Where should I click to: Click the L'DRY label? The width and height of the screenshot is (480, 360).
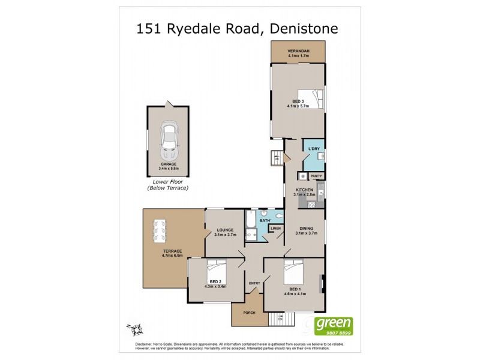(313, 148)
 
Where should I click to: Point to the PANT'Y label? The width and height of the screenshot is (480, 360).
(316, 175)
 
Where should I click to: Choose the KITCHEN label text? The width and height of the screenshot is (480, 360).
(304, 190)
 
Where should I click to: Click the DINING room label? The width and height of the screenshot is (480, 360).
(306, 229)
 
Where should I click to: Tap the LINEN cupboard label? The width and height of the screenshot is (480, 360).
(275, 229)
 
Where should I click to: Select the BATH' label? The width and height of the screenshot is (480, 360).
(265, 221)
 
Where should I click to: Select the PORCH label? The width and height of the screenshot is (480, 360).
(248, 312)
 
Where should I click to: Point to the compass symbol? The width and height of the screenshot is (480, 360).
(135, 329)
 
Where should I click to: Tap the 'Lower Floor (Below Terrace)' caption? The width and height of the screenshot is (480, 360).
(168, 184)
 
